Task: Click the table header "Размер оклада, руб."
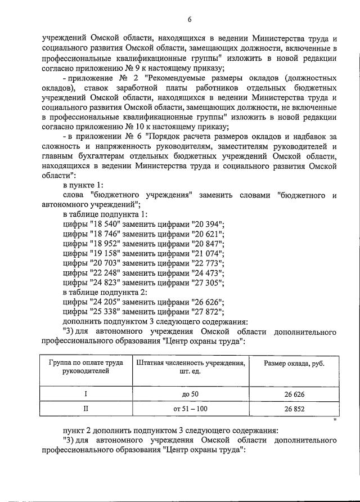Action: point(294,363)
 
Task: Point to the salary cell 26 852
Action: point(294,409)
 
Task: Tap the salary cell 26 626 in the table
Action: point(294,393)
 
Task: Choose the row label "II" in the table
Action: point(86,409)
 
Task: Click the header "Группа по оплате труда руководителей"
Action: point(87,367)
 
